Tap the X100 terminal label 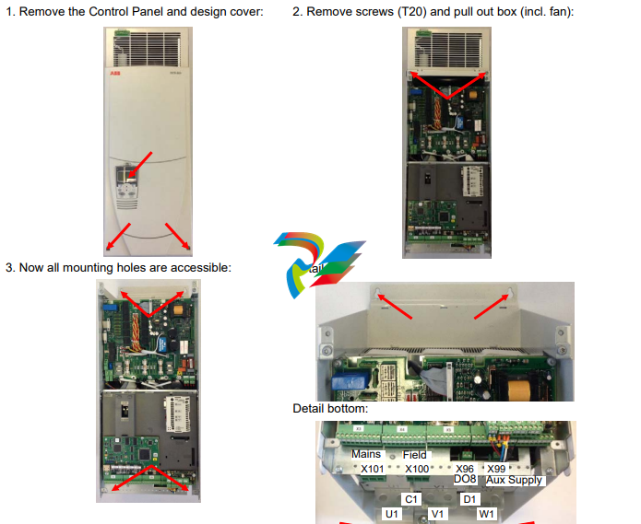[x=418, y=469]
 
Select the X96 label [x=465, y=469]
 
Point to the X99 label [x=496, y=469]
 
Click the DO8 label [x=465, y=480]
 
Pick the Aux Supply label [x=515, y=480]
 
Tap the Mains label [x=366, y=454]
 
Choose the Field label [x=415, y=455]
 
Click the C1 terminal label [x=412, y=498]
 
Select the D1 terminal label [x=469, y=498]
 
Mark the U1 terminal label [x=392, y=513]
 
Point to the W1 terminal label [x=486, y=513]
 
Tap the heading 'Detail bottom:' [x=329, y=408]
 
